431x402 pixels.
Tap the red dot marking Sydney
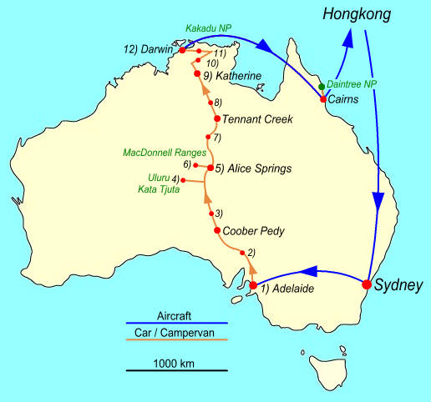(366, 284)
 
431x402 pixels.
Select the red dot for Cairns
(323, 99)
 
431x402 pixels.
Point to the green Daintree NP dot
(322, 86)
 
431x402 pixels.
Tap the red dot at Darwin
(182, 50)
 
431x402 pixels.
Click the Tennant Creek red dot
(216, 118)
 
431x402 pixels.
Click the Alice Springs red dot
(210, 168)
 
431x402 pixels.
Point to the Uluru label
(158, 178)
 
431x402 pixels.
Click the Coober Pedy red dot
(217, 230)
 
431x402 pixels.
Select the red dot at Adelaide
(253, 286)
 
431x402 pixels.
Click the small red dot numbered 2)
(241, 253)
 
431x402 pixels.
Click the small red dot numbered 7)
(208, 137)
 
